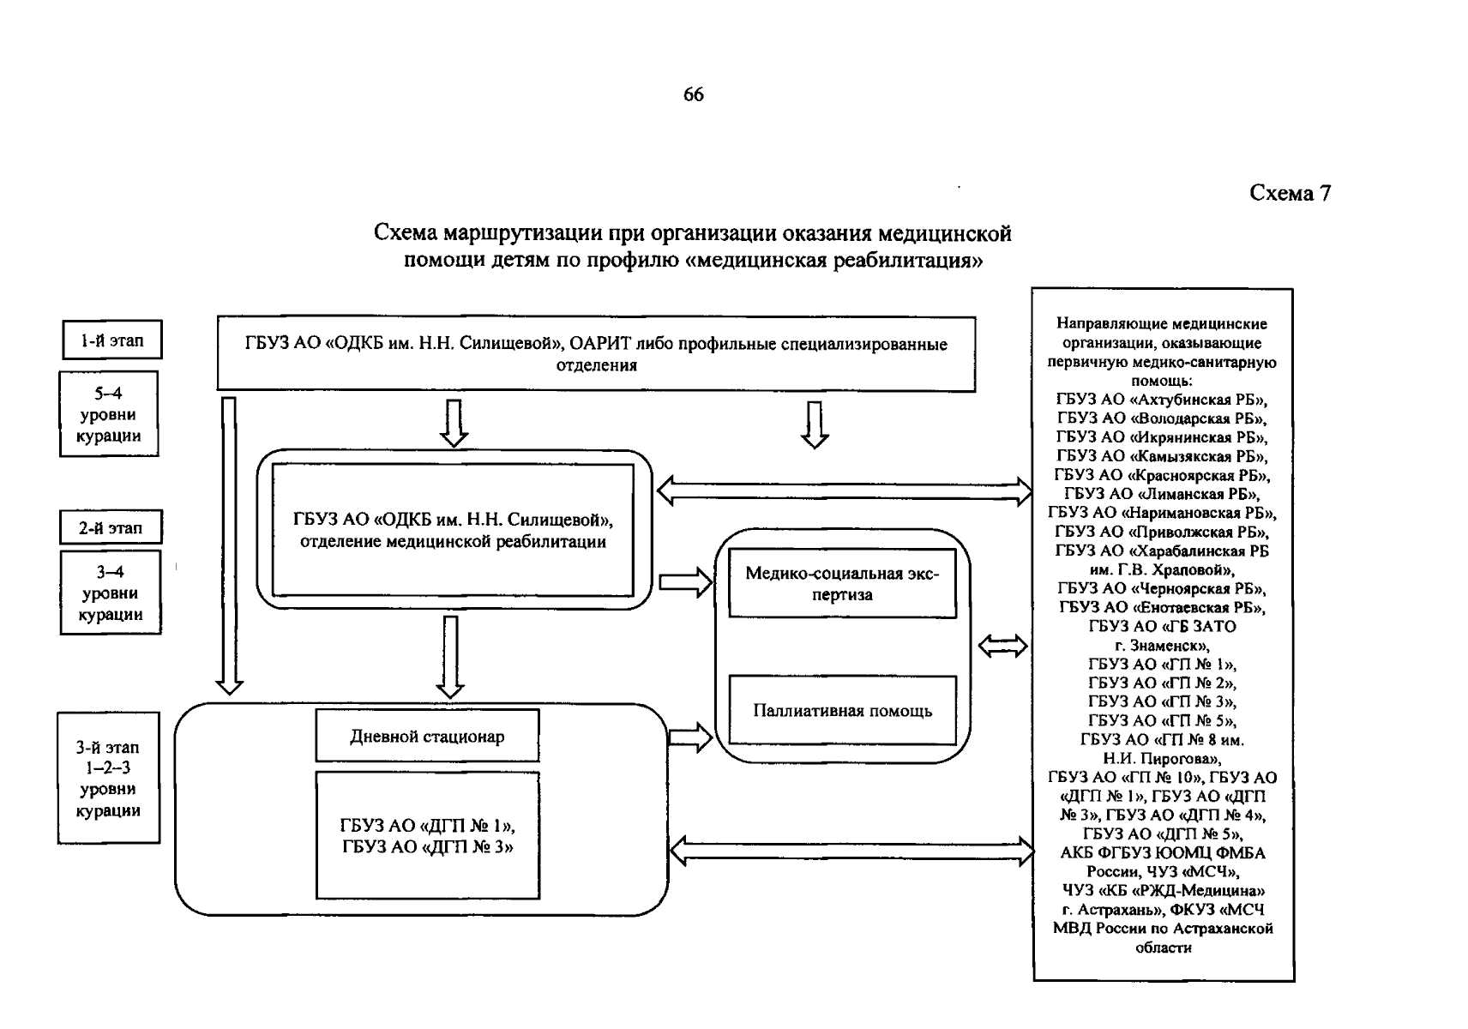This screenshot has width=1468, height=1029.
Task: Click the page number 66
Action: pos(693,95)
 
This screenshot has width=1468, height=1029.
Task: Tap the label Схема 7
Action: pos(1289,194)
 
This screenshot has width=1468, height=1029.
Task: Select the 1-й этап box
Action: pos(111,340)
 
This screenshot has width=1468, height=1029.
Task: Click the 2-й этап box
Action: pos(111,528)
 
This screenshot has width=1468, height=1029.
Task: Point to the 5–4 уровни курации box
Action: pos(109,414)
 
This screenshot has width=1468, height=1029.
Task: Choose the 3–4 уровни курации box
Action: pos(111,593)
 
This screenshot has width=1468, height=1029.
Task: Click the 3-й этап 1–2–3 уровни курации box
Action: pos(108,779)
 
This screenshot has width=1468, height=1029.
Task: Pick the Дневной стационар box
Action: pos(427,737)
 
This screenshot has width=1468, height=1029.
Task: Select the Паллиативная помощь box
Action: pos(842,711)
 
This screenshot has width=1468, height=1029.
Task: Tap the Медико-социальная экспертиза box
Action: pos(842,584)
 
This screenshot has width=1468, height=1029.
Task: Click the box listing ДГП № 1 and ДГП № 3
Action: pos(427,836)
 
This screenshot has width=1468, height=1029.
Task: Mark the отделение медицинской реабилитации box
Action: pos(453,531)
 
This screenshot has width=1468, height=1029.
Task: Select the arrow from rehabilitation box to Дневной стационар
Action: pos(450,656)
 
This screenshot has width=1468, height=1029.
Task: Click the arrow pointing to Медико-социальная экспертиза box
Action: pos(685,583)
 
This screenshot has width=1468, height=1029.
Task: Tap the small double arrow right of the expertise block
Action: pos(1002,647)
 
